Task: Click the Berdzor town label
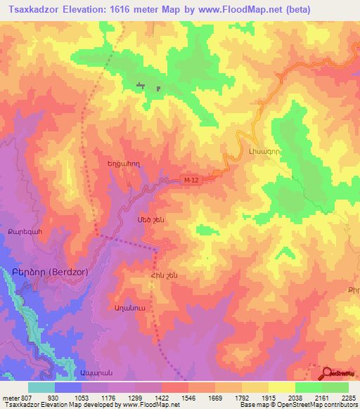(45, 277)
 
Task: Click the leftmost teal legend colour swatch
(41, 387)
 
